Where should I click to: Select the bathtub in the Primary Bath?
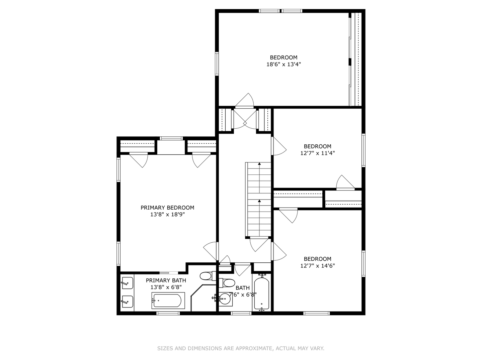(168, 300)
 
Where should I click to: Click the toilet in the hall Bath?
(228, 283)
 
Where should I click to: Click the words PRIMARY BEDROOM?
(167, 208)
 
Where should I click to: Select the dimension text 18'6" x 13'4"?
(284, 65)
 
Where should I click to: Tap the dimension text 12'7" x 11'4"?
(317, 153)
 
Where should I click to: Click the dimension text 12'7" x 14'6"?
(317, 266)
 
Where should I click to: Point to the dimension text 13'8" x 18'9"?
(167, 215)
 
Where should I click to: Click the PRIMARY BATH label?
(166, 280)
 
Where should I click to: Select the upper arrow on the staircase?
(259, 164)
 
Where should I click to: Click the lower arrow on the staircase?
(259, 201)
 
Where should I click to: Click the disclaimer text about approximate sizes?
(241, 348)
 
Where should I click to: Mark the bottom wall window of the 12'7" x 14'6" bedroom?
(316, 313)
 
